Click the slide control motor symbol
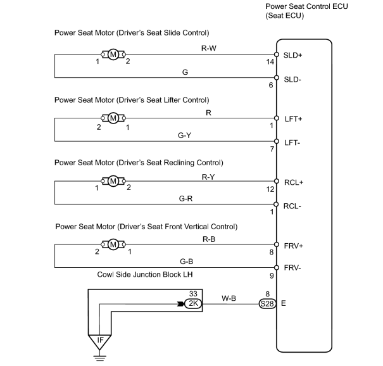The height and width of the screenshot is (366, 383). [x=113, y=54]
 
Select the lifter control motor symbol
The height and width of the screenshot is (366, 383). [x=113, y=118]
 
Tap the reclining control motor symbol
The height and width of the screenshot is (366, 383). [x=113, y=181]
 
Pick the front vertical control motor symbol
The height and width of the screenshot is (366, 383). [x=113, y=244]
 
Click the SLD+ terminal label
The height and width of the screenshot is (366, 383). [x=292, y=55]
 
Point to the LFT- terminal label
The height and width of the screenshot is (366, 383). [x=292, y=142]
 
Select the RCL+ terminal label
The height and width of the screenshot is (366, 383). [x=294, y=182]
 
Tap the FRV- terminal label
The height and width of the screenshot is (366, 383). [x=292, y=268]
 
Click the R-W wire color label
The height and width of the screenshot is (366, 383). [x=209, y=48]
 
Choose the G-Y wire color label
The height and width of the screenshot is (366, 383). [x=184, y=135]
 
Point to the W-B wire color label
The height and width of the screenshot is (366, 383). [x=229, y=298]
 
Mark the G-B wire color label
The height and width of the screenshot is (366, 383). [x=186, y=262]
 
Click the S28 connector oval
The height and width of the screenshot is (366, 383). [x=267, y=304]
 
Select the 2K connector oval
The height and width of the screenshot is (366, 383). [x=193, y=303]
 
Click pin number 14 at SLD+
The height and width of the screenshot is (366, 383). [x=270, y=62]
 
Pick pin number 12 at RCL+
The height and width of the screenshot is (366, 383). [x=270, y=189]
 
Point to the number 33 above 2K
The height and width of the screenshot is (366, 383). [x=193, y=293]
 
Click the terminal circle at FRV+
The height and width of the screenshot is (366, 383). [x=277, y=244]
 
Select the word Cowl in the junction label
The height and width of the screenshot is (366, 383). [x=105, y=275]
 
